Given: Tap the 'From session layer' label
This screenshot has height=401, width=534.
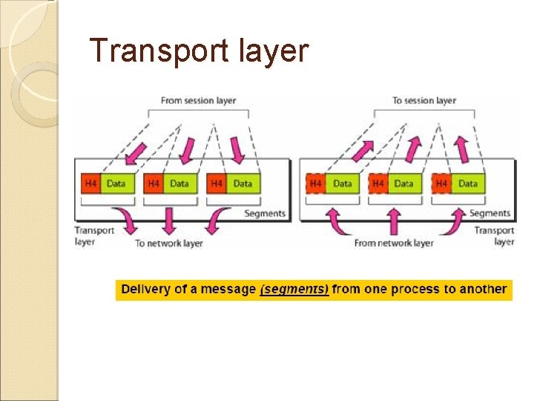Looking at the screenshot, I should click(198, 101).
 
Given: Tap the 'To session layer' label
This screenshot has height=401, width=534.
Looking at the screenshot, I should click(424, 101).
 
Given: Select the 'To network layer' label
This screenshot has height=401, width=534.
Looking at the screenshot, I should click(168, 243).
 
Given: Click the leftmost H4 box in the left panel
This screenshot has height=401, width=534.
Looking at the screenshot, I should click(90, 183).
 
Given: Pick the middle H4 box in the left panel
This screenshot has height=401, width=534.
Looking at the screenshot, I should click(154, 183).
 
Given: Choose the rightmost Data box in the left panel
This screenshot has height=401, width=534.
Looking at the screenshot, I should click(243, 183).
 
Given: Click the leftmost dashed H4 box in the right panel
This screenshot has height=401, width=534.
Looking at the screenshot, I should click(316, 183).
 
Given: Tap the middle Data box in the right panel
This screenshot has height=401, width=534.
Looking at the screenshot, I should click(405, 183).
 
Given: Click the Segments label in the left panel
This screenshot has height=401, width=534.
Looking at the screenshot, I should click(265, 214).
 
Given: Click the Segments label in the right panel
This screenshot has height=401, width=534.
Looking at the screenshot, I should click(490, 214).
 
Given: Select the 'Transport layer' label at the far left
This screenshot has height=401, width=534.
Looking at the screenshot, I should click(94, 236).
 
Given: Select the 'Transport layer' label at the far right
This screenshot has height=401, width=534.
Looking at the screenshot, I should click(494, 236).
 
